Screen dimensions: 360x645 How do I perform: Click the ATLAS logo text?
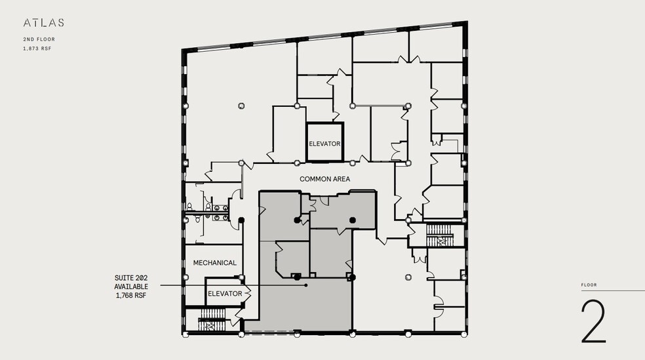tap(44, 23)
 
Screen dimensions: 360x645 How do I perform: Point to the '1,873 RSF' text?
tap(37, 49)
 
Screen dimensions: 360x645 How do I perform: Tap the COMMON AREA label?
tap(324, 179)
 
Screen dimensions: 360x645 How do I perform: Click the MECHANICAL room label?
tap(214, 263)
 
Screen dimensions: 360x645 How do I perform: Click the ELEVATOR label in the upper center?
tap(324, 144)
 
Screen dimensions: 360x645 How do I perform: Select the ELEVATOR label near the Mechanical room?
tap(225, 294)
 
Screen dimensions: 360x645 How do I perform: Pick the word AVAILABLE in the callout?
tap(131, 287)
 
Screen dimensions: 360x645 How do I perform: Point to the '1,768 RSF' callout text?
tap(131, 296)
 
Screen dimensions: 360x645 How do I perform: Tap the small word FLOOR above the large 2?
tap(589, 285)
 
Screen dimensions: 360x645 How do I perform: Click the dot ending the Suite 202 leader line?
tap(306, 285)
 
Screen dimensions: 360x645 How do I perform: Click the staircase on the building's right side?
tap(440, 237)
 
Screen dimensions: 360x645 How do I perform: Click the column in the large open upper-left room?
tap(241, 105)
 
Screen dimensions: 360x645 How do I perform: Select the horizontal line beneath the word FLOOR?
tap(612, 291)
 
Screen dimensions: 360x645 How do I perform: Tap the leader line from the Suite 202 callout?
tap(229, 285)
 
